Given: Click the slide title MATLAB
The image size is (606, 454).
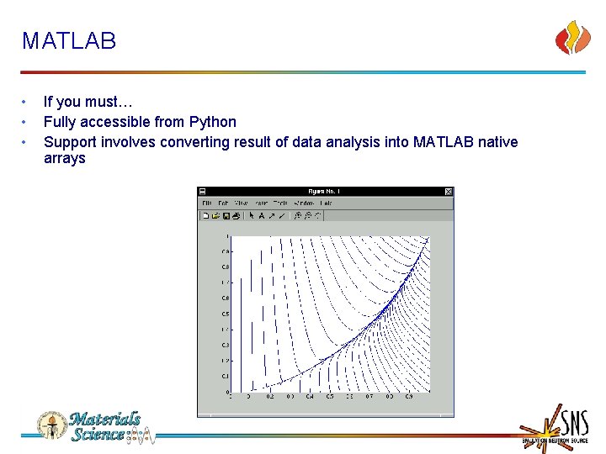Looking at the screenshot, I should tap(69, 41).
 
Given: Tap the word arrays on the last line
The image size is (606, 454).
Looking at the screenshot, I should tap(65, 159).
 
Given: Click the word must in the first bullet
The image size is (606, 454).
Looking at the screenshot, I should tap(101, 102).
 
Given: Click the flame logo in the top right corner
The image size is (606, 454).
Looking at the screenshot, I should tap(572, 38).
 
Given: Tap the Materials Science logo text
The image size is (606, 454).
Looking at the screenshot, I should tap(105, 426).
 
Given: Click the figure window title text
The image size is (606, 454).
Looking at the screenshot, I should tap(325, 192).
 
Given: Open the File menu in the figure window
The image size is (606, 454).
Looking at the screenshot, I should tap(206, 203).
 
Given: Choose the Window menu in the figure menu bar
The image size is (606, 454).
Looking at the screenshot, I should tap(304, 203).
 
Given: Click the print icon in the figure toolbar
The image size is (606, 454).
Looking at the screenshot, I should tap(237, 216).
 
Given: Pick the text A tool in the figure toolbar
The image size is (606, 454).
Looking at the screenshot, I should tap(262, 216).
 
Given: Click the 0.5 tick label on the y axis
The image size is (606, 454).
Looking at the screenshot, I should tap(226, 314).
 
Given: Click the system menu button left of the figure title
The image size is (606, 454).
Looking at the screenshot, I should tap(203, 192).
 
